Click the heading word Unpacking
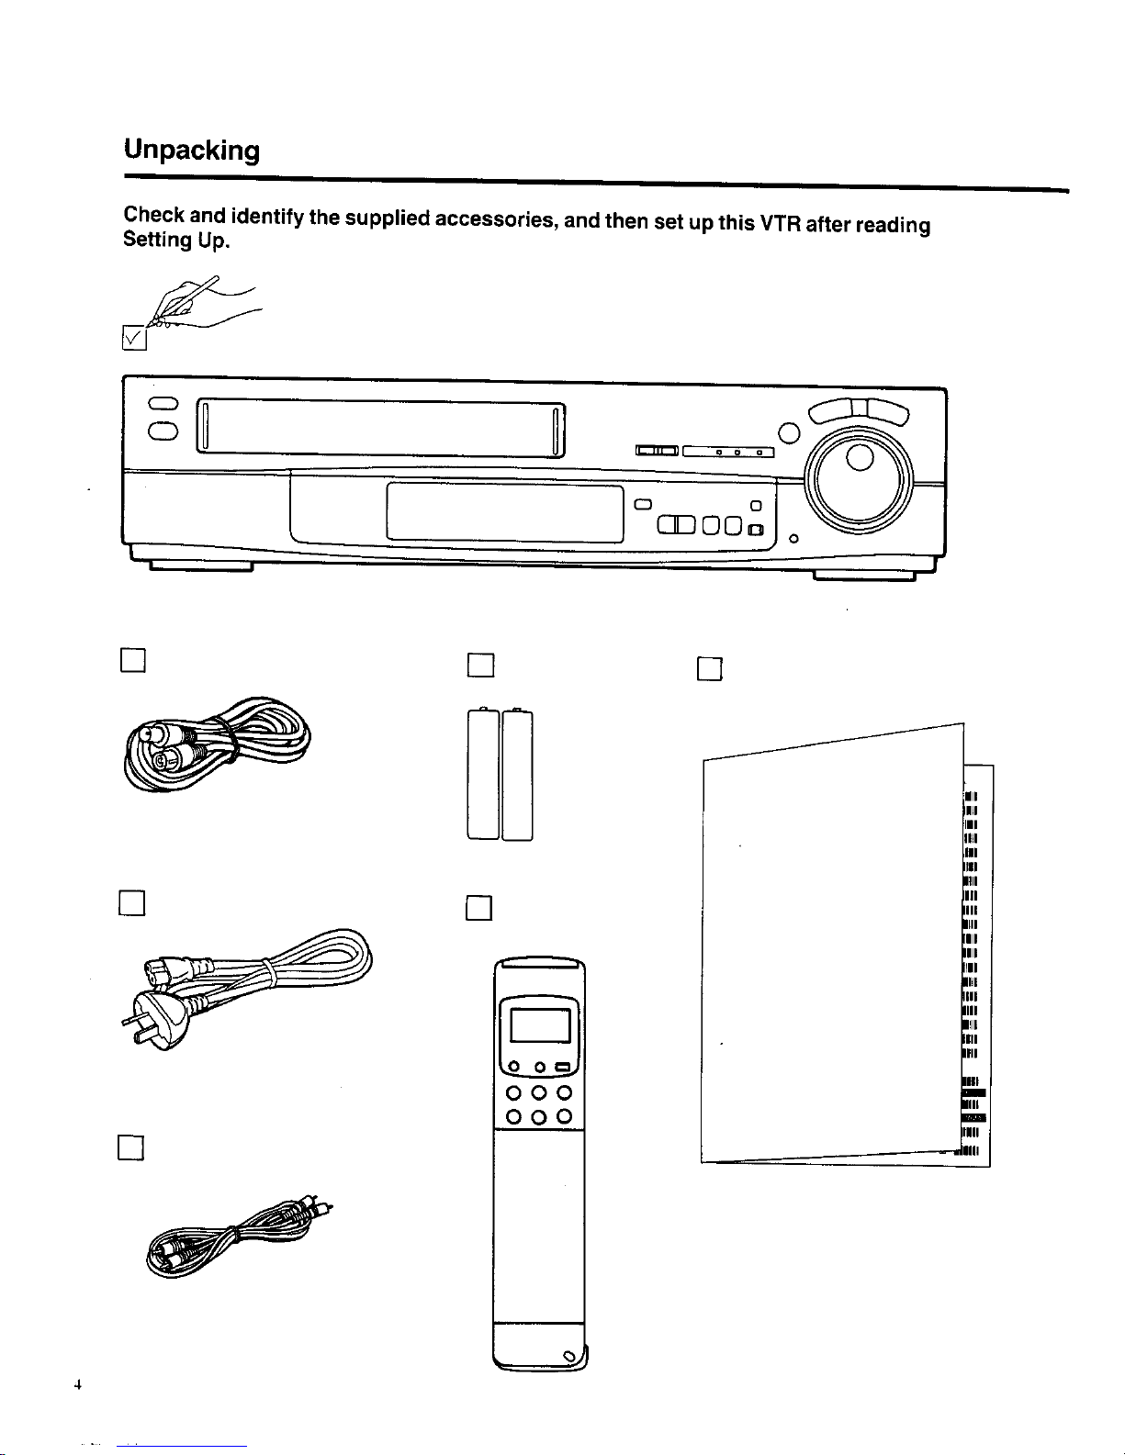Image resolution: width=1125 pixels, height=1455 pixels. point(192,150)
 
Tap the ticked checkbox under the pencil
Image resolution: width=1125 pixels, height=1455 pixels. point(134,339)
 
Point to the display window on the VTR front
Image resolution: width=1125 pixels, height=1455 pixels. point(505,512)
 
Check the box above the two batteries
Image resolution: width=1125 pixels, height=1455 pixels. point(480,664)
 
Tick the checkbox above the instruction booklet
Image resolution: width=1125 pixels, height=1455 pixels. point(710,669)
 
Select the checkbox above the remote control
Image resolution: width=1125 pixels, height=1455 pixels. point(479,907)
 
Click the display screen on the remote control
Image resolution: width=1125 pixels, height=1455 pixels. point(540,1024)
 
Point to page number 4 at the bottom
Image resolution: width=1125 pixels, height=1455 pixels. point(80,1386)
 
